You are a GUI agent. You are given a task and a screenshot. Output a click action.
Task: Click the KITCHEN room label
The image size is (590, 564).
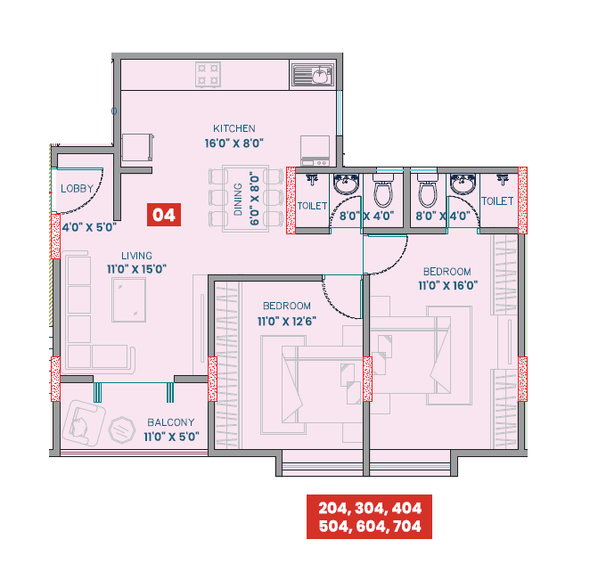tap(234, 128)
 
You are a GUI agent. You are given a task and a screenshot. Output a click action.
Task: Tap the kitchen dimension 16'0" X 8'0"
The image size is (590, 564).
tap(234, 143)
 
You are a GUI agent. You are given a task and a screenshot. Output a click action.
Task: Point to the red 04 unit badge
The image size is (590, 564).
tap(163, 214)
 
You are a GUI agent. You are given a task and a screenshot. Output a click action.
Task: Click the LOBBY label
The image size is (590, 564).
tap(78, 189)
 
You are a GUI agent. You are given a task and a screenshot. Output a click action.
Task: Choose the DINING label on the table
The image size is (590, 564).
tap(238, 199)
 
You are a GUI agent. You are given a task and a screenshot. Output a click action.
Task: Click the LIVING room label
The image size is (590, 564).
tap(137, 255)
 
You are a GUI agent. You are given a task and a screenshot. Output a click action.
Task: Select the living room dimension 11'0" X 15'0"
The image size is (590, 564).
tap(137, 268)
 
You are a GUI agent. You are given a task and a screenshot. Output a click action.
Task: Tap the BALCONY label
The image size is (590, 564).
tap(171, 422)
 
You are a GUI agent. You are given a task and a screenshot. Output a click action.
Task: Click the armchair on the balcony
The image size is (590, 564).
tap(83, 422)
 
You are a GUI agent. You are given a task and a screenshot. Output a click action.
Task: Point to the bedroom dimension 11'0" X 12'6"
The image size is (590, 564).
tap(286, 321)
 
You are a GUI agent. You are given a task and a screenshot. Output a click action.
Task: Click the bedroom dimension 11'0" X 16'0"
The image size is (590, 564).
tap(449, 285)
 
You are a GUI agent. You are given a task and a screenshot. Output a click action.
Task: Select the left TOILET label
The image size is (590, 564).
tap(313, 205)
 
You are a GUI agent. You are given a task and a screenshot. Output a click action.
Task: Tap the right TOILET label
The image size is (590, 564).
tap(497, 201)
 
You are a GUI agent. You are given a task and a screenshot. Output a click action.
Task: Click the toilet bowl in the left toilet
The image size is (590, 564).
tap(384, 191)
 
